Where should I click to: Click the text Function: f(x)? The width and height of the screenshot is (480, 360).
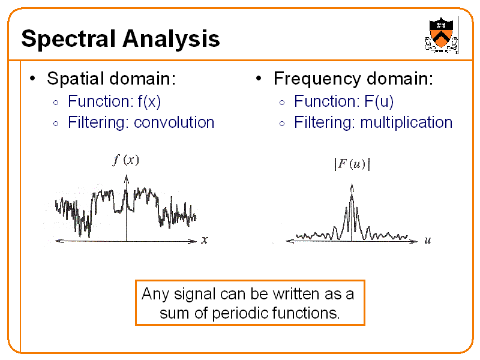pos(114,101)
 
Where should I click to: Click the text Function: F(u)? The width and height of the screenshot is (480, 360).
pos(344,101)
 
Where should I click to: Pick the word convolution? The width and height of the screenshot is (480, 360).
pos(174,122)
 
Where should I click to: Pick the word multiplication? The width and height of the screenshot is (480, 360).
pos(406,122)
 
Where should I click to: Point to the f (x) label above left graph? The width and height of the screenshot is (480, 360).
pos(126,160)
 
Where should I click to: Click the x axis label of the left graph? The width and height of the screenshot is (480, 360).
pos(205,240)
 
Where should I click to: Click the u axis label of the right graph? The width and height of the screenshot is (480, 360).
pos(427,241)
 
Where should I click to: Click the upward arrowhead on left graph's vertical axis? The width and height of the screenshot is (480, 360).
pos(126,176)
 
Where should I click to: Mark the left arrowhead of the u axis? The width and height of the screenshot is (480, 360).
pos(289,241)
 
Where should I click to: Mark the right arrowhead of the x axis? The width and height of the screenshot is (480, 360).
pos(193,241)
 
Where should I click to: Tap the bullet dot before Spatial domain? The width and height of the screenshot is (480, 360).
pos(35,79)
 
